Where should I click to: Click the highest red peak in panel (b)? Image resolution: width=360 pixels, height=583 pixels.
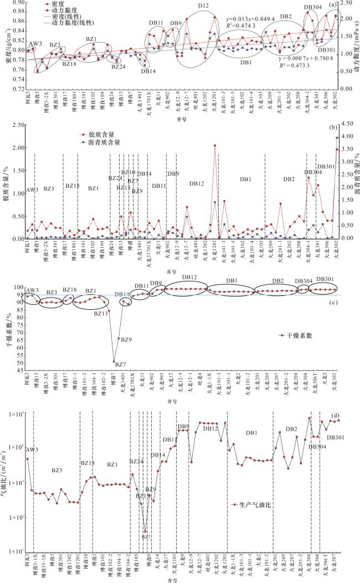tap(215, 146)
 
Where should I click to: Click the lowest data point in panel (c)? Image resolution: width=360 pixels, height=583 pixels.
tap(114, 361)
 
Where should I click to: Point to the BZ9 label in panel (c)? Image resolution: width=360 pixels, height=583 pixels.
tap(126, 339)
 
